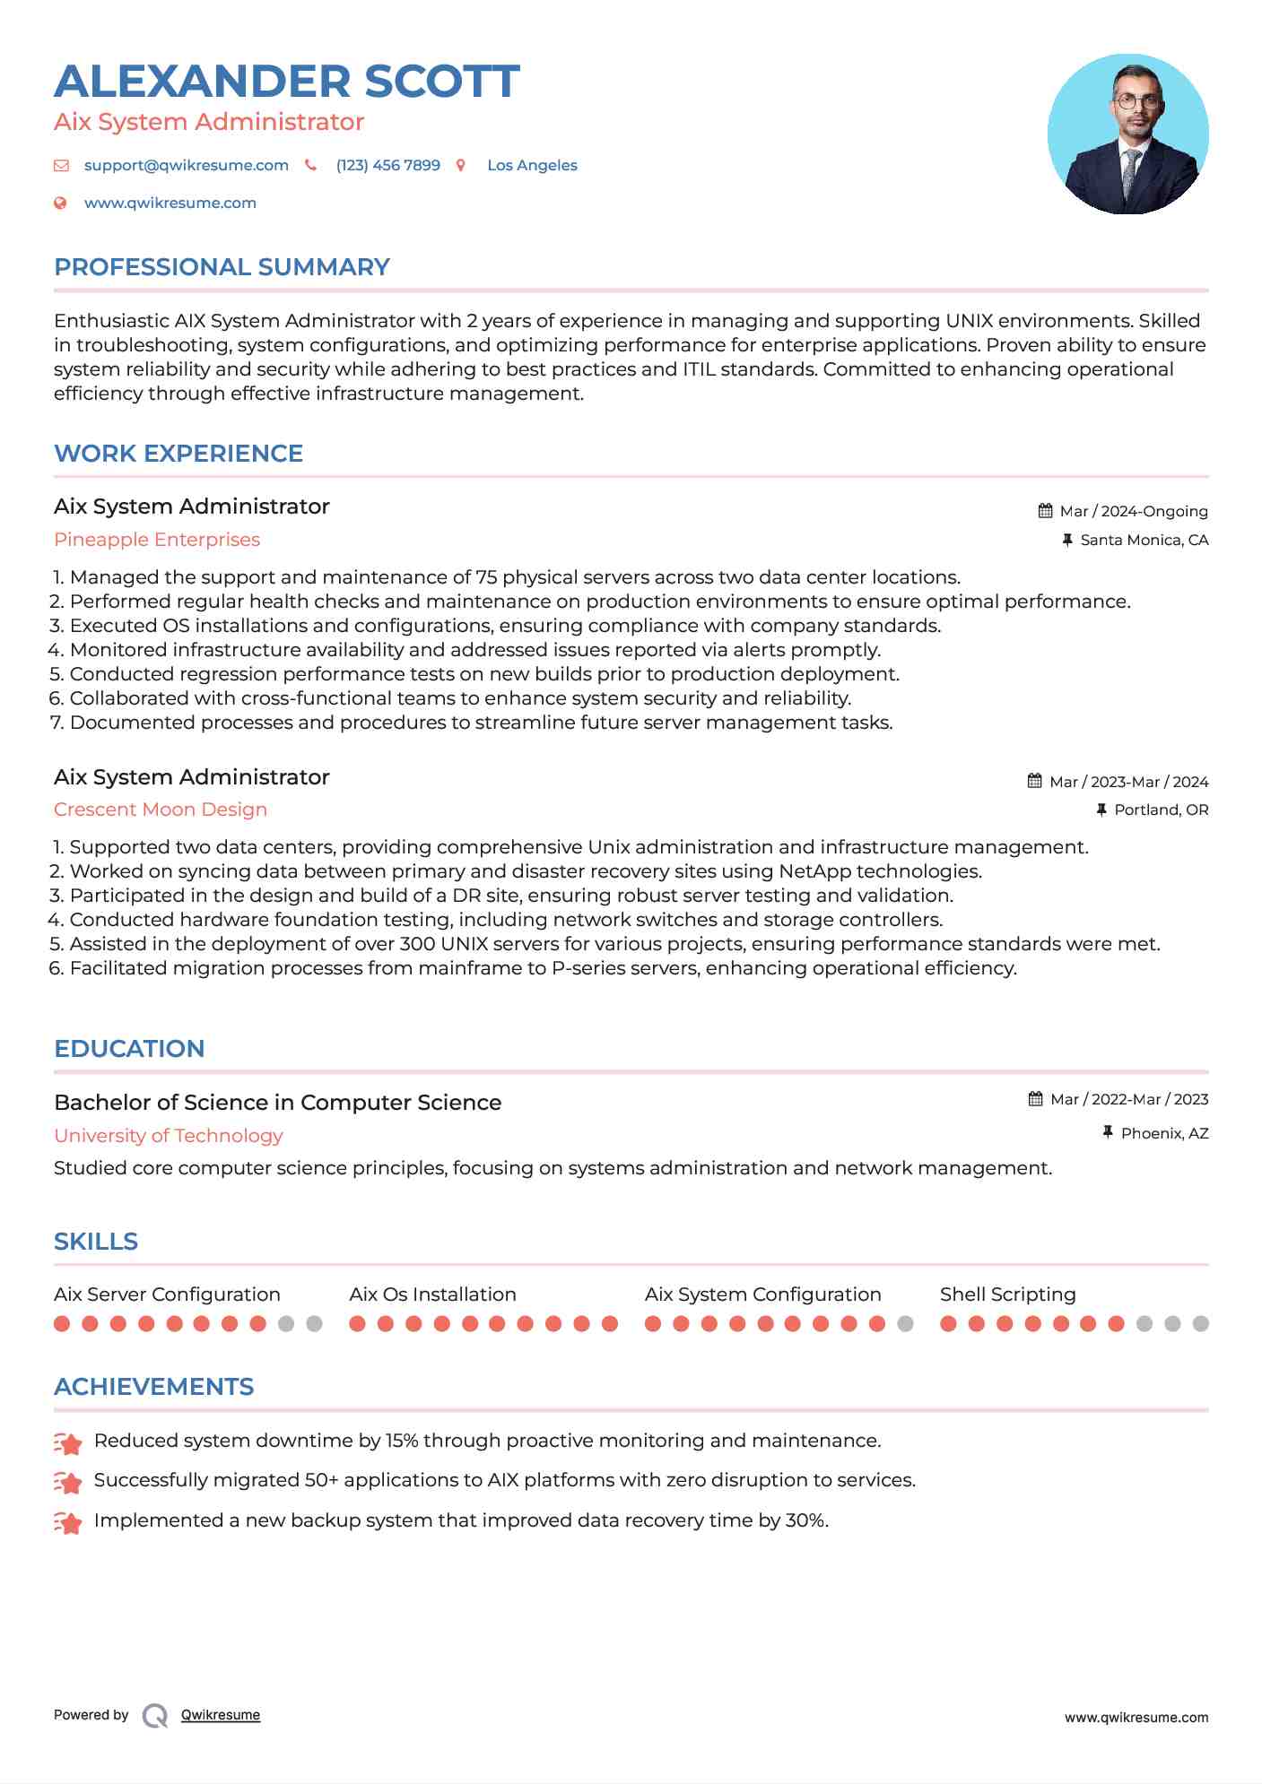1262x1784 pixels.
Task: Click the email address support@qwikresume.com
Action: (x=186, y=166)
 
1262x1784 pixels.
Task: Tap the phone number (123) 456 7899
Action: (x=387, y=166)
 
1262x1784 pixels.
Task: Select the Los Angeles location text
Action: (x=532, y=166)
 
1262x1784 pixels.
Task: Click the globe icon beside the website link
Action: (x=60, y=204)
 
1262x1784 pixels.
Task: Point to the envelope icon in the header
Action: (x=61, y=166)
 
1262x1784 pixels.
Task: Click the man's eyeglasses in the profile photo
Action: (x=1136, y=101)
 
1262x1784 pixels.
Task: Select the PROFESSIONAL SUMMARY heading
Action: (x=222, y=267)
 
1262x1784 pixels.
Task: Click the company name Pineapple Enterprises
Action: (x=157, y=540)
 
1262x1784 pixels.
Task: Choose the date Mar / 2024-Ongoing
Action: (x=1133, y=512)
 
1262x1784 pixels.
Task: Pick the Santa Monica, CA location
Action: (x=1144, y=541)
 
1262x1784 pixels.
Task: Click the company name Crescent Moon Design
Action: (x=161, y=810)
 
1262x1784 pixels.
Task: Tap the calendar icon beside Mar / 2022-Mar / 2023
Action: (x=1035, y=1099)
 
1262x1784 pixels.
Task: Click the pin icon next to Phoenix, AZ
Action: (x=1108, y=1133)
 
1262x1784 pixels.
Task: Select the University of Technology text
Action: (x=169, y=1136)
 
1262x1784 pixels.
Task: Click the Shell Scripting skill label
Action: (x=1007, y=1295)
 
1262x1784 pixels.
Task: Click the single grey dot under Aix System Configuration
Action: (x=905, y=1324)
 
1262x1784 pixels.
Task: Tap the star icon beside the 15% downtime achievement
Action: (x=68, y=1442)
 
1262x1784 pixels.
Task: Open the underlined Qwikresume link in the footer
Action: (x=221, y=1715)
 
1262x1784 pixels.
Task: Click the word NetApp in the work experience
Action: (x=814, y=871)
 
